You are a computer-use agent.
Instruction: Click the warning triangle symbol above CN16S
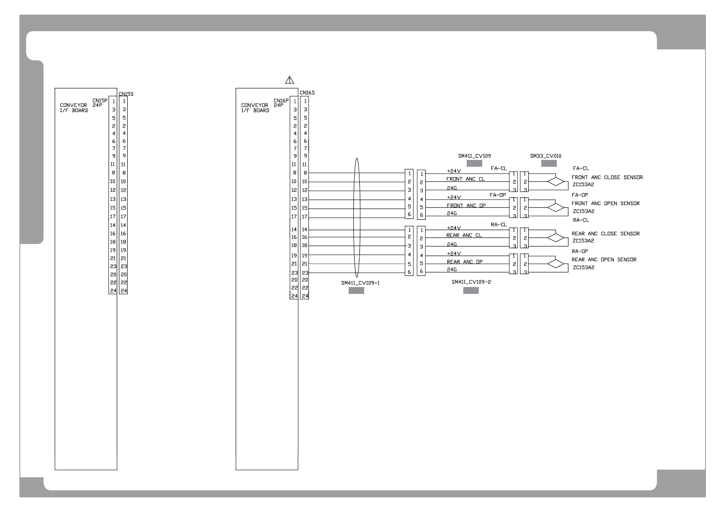pos(290,80)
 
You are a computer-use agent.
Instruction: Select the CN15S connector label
pos(126,94)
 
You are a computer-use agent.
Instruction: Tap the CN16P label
pos(281,101)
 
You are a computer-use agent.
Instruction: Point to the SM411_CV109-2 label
pos(471,282)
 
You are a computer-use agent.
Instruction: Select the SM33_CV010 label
pos(546,156)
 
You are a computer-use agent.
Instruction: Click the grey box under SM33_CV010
pos(549,163)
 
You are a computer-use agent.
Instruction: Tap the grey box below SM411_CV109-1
pos(356,291)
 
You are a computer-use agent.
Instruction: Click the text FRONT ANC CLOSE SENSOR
pos(607,177)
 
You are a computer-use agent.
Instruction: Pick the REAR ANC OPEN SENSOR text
pos(604,259)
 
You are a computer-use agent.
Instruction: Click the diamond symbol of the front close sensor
pos(555,182)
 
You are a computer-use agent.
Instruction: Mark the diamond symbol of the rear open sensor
pos(555,264)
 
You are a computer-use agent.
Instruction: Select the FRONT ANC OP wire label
pos(466,206)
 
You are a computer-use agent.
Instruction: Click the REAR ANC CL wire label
pos(464,235)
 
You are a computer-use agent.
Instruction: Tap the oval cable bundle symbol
pos(356,218)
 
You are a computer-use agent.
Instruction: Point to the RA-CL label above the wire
pos(498,225)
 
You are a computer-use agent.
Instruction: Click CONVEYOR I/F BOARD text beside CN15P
pos(74,108)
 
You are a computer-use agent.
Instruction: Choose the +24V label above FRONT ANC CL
pos(454,171)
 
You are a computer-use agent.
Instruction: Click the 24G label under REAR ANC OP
pos(452,269)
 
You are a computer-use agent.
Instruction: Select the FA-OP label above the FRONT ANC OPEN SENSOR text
pos(580,195)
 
